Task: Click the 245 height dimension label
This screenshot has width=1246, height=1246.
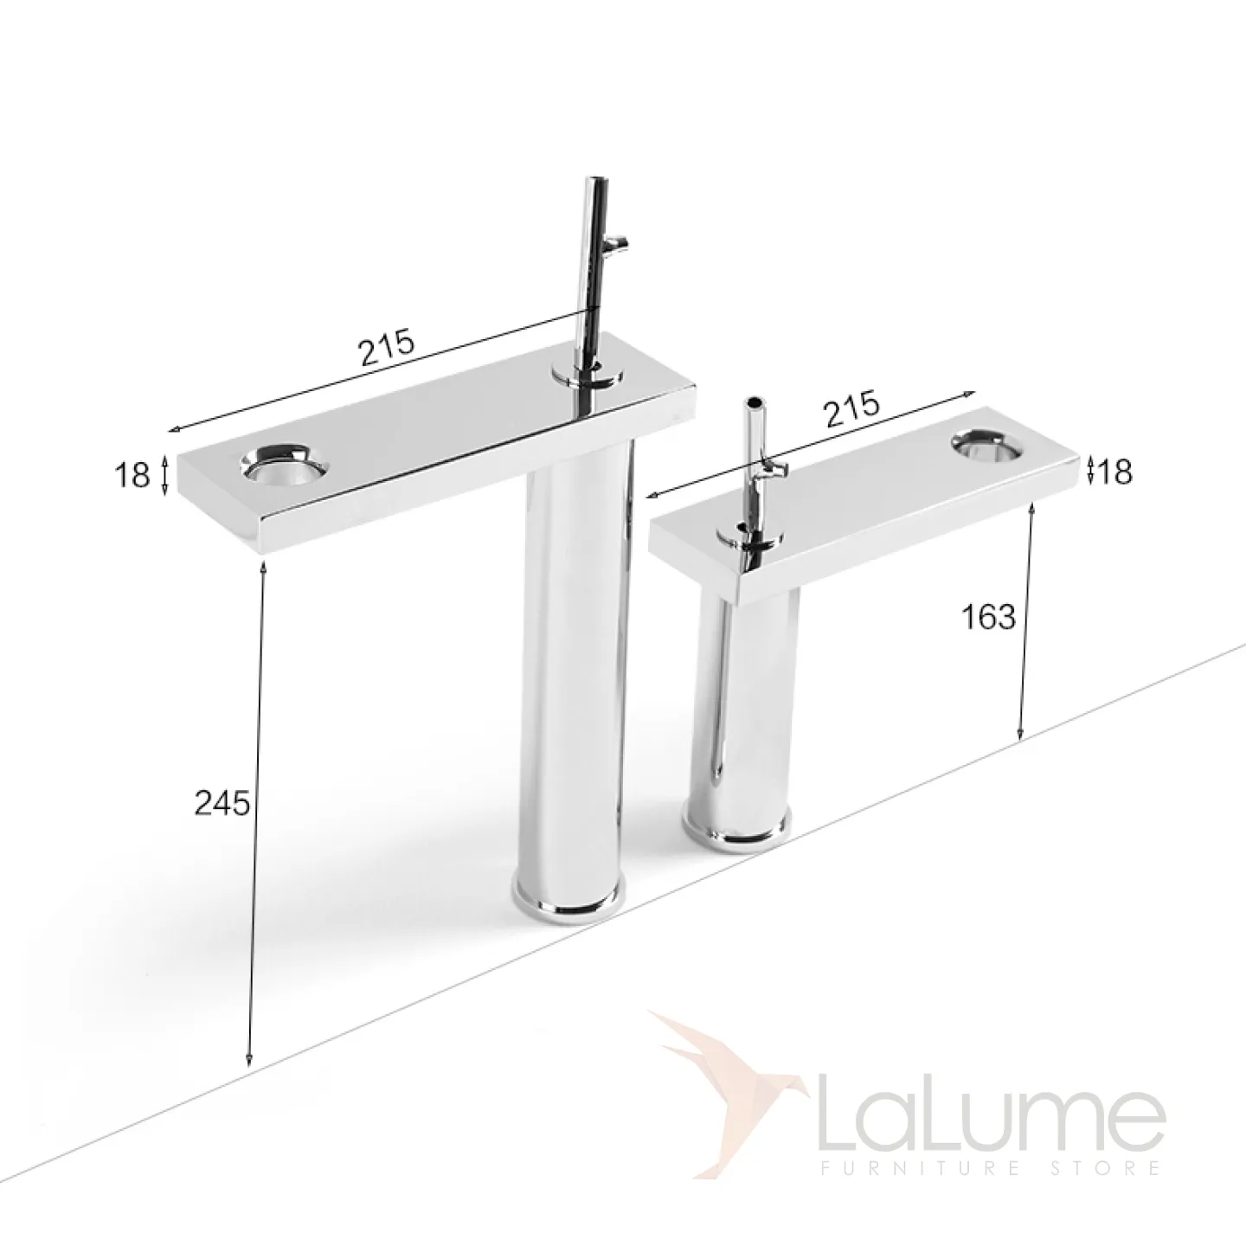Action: point(222,804)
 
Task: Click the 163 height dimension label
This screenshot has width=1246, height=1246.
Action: point(989,617)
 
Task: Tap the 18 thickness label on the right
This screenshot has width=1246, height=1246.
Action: point(1114,472)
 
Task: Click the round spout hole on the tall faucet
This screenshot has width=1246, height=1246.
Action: point(286,465)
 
